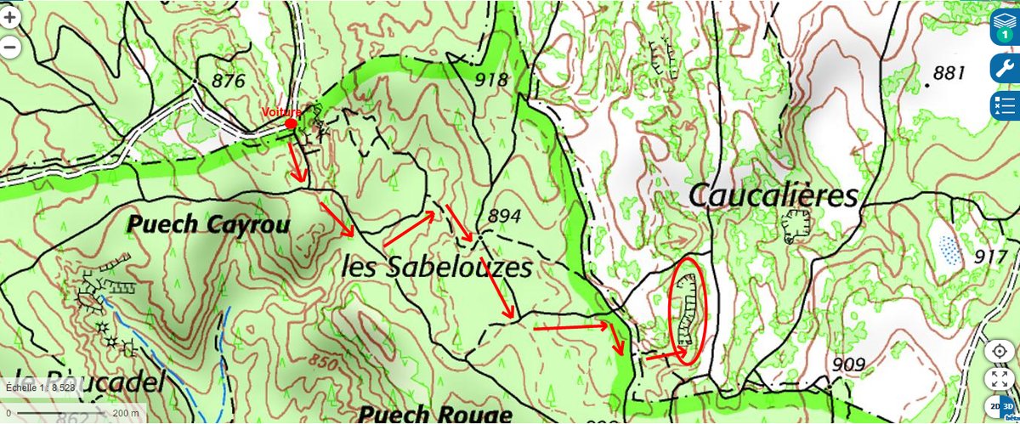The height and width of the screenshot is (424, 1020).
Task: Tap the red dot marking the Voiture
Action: (x=291, y=124)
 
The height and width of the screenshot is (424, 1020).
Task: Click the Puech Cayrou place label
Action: (x=209, y=224)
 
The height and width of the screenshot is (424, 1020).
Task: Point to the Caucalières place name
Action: (x=773, y=196)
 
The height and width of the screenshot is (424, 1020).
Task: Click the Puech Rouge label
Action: (x=435, y=414)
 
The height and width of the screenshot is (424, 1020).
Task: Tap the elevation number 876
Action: (x=225, y=82)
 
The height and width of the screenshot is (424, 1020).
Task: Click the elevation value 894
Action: (x=504, y=217)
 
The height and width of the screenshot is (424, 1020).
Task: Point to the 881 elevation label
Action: (x=950, y=73)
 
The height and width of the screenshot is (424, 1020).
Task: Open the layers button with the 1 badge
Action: (x=1005, y=29)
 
